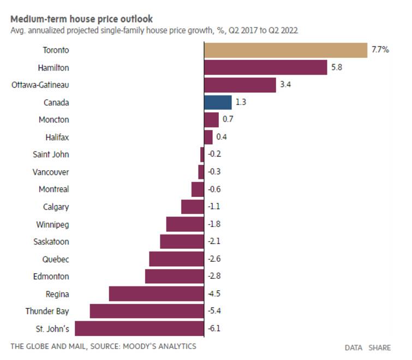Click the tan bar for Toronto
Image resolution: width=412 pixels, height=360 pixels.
285,50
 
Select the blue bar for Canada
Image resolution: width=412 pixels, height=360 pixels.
218,102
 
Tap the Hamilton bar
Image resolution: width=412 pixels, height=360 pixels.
265,68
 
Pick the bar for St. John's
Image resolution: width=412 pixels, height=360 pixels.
139,328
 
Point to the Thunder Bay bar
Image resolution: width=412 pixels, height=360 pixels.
147,311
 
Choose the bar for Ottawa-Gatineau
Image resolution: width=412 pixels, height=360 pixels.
240,85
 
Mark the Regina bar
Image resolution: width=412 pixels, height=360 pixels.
156,294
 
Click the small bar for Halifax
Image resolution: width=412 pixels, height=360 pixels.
208,137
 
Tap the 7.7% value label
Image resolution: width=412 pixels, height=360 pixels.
380,50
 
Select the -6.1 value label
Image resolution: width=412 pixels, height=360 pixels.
214,328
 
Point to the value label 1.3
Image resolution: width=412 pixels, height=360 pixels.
241,102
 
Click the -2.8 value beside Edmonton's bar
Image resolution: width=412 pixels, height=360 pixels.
214,277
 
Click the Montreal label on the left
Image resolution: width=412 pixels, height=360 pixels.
53,189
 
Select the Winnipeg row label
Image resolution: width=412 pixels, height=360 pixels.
52,224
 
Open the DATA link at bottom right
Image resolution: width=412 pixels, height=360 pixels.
354,347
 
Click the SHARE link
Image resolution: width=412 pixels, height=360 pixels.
379,347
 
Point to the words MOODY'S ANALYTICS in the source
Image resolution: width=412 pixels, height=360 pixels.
160,346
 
